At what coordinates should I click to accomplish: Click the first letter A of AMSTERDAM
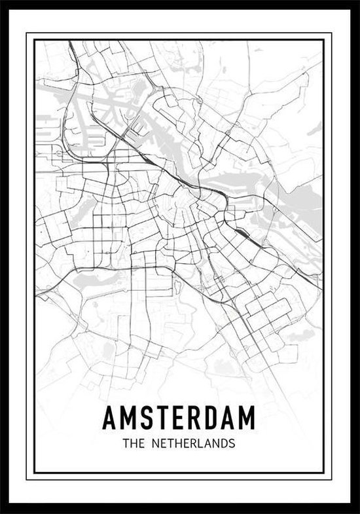point(110,416)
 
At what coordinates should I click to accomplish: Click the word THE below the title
point(133,443)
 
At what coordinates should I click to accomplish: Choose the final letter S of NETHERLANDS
point(231,443)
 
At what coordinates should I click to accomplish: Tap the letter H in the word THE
point(133,443)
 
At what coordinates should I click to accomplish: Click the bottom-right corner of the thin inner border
point(324,473)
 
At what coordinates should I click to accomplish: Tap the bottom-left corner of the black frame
point(2,511)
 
